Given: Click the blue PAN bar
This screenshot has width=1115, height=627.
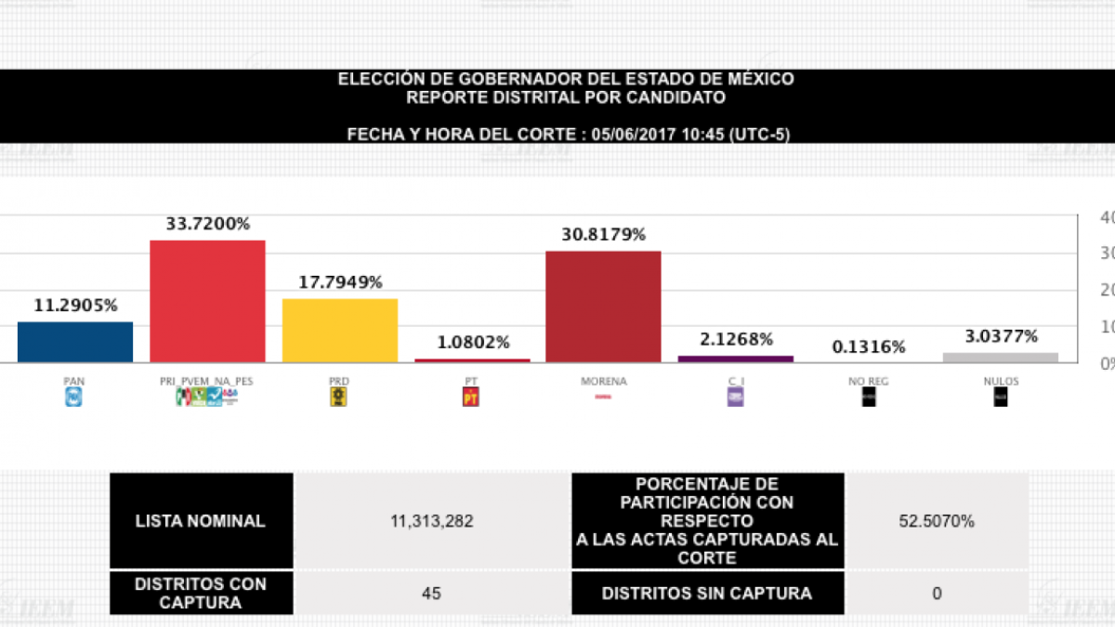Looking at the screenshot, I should (75, 342).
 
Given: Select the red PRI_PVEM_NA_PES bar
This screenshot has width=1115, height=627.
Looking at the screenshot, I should (207, 301).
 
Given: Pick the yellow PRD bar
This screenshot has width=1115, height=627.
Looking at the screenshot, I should (339, 330).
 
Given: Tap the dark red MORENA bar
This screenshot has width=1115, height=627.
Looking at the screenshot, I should (603, 307).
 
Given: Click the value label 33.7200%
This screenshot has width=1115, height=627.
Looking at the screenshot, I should (207, 224).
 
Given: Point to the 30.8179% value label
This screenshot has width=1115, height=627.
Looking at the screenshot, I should (603, 235).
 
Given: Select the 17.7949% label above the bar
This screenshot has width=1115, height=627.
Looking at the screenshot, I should (339, 282).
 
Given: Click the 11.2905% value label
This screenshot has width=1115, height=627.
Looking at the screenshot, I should (75, 306).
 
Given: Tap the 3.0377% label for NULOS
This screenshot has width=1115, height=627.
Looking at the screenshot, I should (1000, 336).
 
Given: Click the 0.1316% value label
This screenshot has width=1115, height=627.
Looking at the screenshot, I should (868, 346).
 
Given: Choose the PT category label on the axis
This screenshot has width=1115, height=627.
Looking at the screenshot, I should (471, 381).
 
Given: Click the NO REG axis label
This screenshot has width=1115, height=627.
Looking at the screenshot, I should (868, 381).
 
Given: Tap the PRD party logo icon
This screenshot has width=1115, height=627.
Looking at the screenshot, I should (339, 398).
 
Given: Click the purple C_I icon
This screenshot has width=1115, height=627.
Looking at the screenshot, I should (735, 398).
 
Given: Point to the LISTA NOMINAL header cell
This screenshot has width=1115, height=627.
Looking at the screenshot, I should (201, 521).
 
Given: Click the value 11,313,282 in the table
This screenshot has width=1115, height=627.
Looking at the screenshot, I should (431, 521).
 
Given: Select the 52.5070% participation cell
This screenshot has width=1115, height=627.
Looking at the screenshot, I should (937, 521).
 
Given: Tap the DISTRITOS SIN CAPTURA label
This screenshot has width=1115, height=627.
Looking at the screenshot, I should (706, 593).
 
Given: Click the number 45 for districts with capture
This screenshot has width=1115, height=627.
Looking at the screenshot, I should (431, 593).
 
